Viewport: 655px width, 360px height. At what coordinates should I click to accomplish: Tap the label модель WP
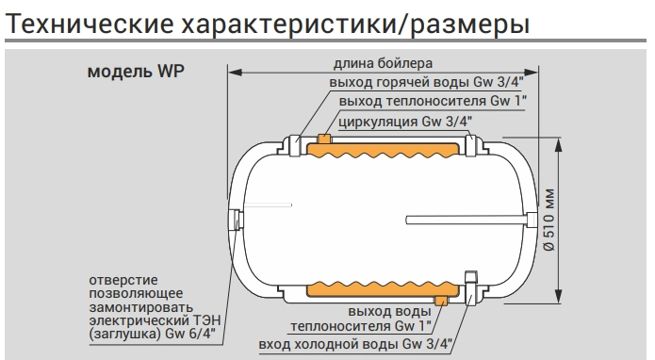(x=142, y=74)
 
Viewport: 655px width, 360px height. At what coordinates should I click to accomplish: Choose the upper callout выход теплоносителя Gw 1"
(x=409, y=101)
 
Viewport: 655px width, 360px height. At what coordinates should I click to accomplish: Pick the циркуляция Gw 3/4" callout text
(x=406, y=120)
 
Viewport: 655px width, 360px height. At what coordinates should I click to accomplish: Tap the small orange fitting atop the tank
(x=323, y=139)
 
